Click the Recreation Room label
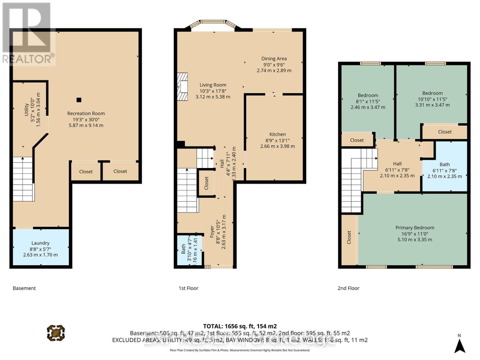(86, 113)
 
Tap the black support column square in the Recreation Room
(79, 100)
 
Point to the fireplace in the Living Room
(182, 87)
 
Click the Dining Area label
(274, 58)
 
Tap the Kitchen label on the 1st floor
(277, 134)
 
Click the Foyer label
(212, 232)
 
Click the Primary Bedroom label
(415, 228)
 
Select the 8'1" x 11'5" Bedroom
(368, 101)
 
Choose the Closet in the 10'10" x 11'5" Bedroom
(445, 132)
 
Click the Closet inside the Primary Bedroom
(349, 237)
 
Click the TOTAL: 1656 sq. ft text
(240, 326)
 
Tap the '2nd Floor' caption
(348, 288)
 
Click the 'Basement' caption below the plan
(24, 288)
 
